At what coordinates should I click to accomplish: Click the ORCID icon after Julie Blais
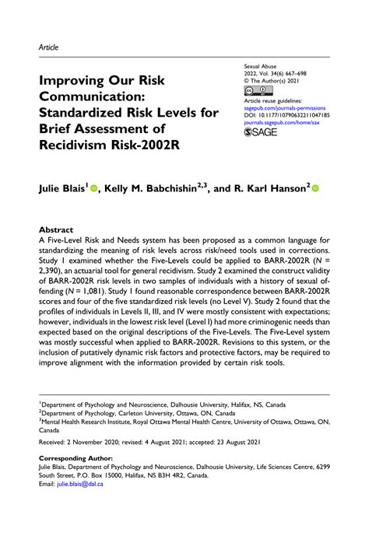tap(93, 188)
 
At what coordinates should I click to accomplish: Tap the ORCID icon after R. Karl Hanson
tap(316, 188)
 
